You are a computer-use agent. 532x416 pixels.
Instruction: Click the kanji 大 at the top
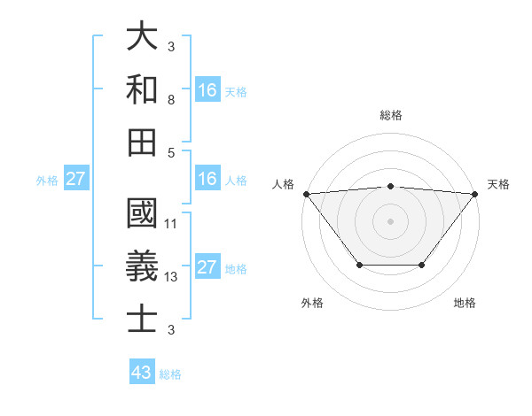(x=143, y=36)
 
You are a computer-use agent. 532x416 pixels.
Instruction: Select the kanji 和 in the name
(x=143, y=89)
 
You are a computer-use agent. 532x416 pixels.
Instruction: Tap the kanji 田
(x=143, y=141)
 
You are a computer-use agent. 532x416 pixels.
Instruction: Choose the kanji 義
(x=143, y=265)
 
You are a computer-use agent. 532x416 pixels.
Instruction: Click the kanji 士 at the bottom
(x=143, y=318)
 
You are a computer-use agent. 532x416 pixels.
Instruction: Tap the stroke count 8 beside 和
(x=170, y=100)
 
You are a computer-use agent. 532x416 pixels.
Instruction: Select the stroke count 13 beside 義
(x=172, y=277)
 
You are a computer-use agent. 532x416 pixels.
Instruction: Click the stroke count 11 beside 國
(x=172, y=223)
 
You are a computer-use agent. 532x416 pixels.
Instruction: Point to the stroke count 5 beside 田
(x=170, y=152)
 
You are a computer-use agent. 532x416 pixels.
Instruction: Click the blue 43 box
(x=142, y=373)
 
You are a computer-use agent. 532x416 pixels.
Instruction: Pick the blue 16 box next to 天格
(x=207, y=89)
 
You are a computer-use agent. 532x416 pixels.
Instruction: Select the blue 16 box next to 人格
(x=207, y=179)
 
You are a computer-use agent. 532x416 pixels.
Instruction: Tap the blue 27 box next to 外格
(x=76, y=179)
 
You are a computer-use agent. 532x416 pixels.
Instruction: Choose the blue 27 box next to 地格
(x=207, y=268)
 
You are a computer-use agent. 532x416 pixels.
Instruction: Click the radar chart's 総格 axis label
(x=390, y=116)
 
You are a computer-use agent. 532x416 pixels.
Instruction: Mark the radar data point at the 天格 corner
(x=475, y=194)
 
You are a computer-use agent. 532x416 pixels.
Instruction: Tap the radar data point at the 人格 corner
(x=306, y=194)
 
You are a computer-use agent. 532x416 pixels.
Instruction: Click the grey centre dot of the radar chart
(x=390, y=220)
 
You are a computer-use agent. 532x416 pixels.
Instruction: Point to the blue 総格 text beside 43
(x=170, y=374)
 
